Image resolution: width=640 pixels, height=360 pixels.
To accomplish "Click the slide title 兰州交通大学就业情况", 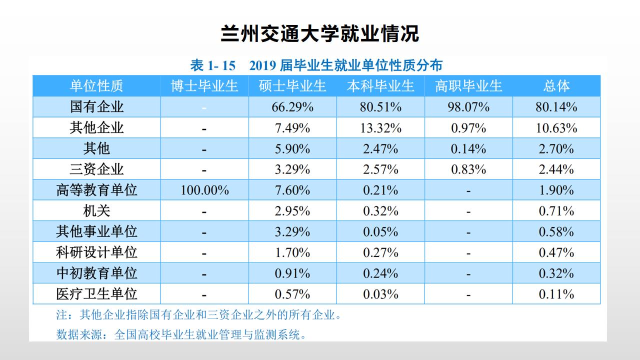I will pyautogui.click(x=320, y=34).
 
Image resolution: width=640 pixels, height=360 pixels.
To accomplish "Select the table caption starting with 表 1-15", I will pyautogui.click(x=316, y=65).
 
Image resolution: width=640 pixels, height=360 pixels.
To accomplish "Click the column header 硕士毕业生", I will pyautogui.click(x=292, y=86).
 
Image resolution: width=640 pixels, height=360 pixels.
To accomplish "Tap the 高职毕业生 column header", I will pyautogui.click(x=468, y=86).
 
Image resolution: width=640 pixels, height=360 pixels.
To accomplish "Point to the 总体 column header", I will pyautogui.click(x=556, y=86).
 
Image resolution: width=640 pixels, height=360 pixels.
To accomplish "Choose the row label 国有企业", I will pyautogui.click(x=96, y=107).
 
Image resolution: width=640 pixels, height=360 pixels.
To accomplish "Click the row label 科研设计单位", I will pyautogui.click(x=96, y=252).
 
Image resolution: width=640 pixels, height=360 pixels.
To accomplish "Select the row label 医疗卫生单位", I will pyautogui.click(x=96, y=294).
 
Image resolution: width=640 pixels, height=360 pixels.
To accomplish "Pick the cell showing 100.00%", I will pyautogui.click(x=204, y=190).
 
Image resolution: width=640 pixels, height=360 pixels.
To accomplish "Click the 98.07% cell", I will pyautogui.click(x=468, y=107).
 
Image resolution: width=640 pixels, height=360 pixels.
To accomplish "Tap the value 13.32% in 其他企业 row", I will pyautogui.click(x=380, y=128).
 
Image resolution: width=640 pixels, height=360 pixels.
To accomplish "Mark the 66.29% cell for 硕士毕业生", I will pyautogui.click(x=292, y=107).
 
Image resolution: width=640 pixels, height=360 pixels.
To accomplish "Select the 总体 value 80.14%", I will pyautogui.click(x=556, y=107).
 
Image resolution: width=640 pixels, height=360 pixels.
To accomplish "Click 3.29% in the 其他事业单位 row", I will pyautogui.click(x=292, y=232).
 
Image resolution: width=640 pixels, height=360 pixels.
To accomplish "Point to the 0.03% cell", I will pyautogui.click(x=380, y=294).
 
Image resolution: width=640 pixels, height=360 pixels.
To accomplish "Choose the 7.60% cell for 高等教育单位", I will pyautogui.click(x=292, y=190).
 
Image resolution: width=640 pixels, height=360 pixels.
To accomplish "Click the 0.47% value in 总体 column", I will pyautogui.click(x=556, y=252).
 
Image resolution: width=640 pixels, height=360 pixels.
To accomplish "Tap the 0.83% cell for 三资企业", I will pyautogui.click(x=468, y=169).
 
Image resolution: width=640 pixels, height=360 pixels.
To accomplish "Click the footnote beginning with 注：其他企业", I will pyautogui.click(x=199, y=315).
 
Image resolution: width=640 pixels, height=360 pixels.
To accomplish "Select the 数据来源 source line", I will pyautogui.click(x=181, y=334).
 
